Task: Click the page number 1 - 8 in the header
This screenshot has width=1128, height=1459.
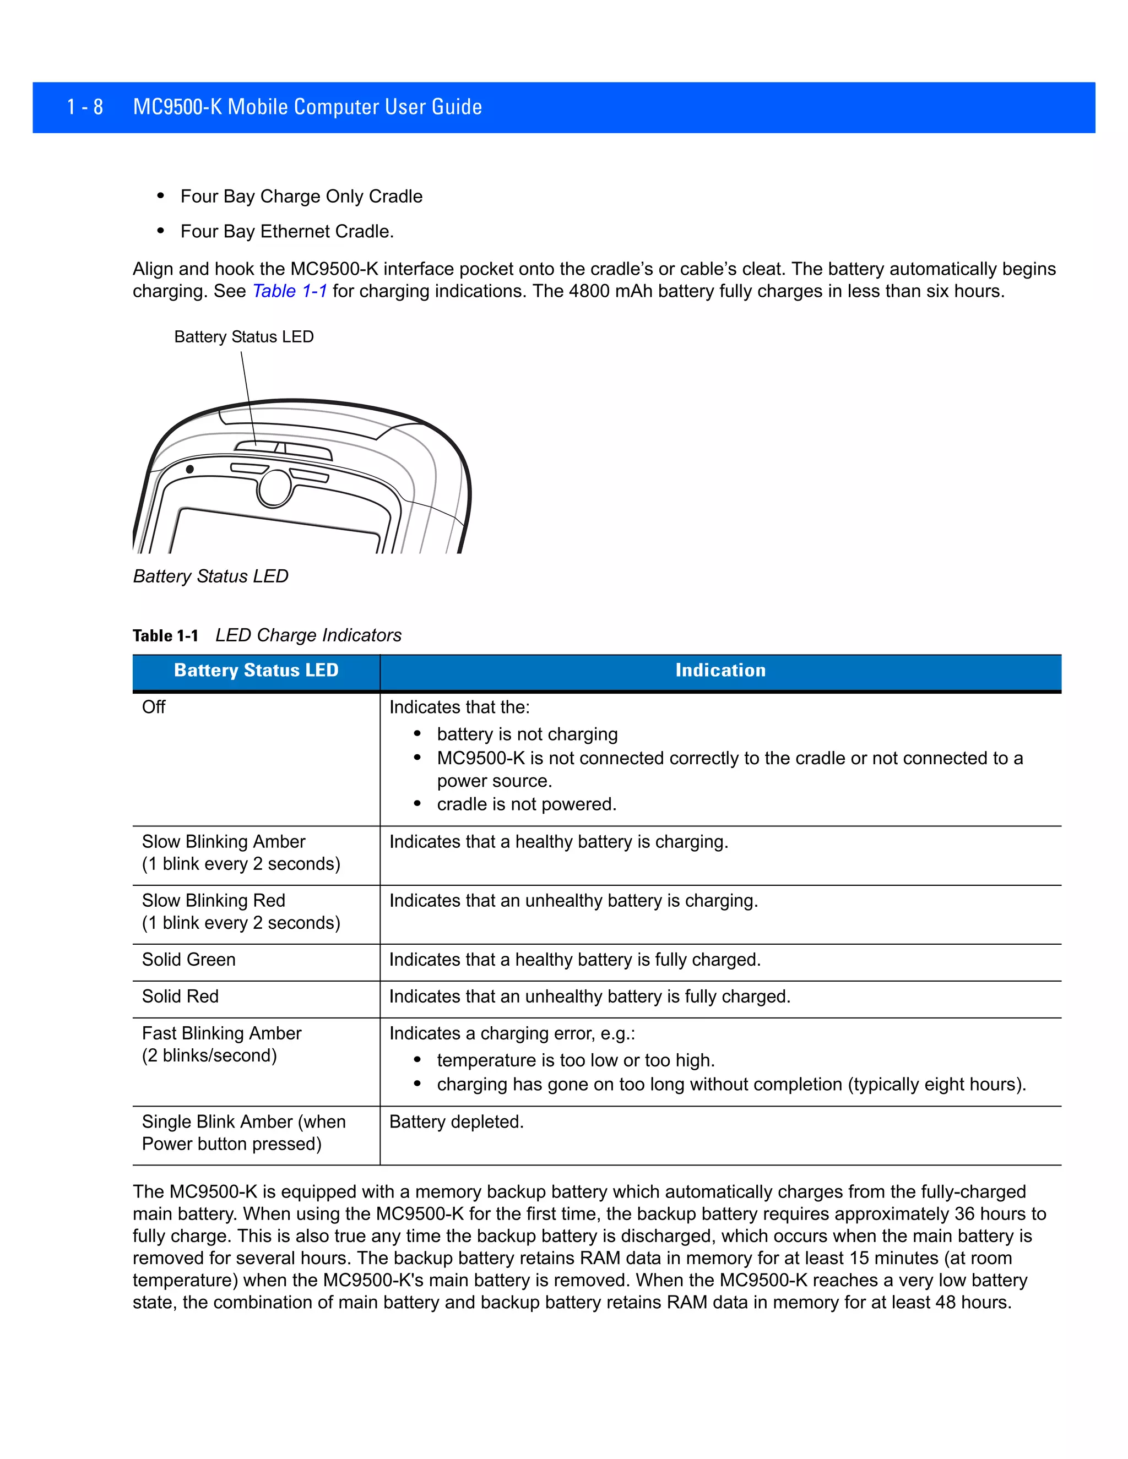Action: point(85,107)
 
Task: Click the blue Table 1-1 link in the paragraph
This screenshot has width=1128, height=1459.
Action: point(289,291)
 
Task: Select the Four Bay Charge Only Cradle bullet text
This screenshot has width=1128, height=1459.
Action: point(301,197)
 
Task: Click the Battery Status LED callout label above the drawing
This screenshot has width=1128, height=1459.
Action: point(243,337)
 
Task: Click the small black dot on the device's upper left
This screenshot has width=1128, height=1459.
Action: point(190,469)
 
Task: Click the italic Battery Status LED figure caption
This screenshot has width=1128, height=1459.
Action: point(210,576)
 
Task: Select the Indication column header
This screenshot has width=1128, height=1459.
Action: point(720,670)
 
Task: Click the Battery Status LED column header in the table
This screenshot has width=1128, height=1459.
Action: point(256,670)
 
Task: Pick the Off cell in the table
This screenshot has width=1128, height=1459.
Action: point(154,707)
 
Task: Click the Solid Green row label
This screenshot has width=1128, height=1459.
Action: point(188,959)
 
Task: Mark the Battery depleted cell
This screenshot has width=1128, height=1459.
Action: point(457,1122)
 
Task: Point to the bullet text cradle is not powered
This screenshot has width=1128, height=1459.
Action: point(526,804)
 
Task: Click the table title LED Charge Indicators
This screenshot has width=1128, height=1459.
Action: point(308,635)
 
